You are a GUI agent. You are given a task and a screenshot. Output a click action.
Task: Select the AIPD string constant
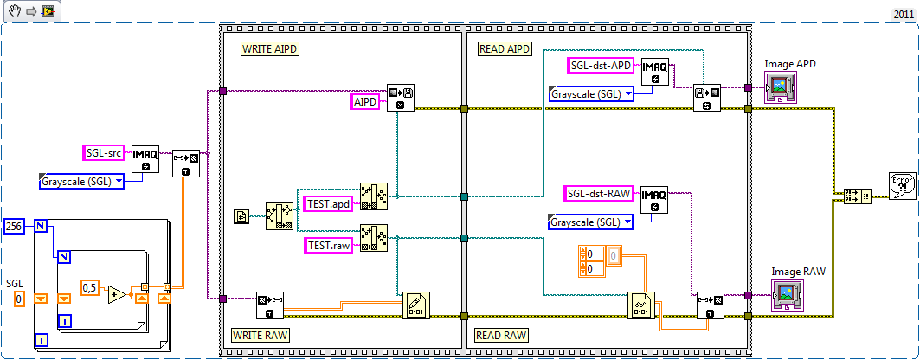(365, 102)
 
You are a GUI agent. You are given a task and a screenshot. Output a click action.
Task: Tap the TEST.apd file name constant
(328, 204)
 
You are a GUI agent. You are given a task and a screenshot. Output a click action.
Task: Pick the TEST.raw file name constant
(329, 245)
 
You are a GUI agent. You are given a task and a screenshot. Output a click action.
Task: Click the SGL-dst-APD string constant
(602, 65)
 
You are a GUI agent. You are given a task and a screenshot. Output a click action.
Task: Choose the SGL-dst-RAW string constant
(599, 193)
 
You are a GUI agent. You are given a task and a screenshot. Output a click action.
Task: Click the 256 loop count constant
(15, 225)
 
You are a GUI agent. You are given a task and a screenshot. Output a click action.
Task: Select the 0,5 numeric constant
(90, 286)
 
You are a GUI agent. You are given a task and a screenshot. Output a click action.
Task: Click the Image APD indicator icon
(782, 87)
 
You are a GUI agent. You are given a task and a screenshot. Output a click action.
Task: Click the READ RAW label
(501, 334)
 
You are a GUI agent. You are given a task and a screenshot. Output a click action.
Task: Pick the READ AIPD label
(505, 49)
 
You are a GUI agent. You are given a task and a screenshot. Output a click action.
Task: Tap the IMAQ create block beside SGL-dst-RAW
(654, 200)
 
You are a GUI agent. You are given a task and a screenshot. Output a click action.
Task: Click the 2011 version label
(903, 14)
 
